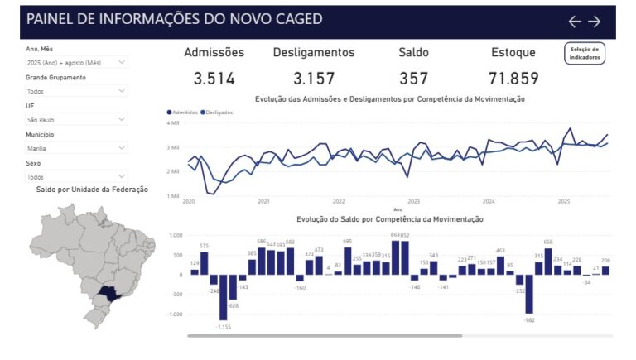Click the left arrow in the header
575,22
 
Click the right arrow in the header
595,22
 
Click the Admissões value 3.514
214,79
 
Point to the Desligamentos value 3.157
314,79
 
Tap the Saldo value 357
413,79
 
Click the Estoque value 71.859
513,79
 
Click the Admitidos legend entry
183,112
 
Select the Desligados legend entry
217,112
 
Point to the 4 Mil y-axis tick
173,122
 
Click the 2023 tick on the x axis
413,201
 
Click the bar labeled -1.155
223,297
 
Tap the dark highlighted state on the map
108,291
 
